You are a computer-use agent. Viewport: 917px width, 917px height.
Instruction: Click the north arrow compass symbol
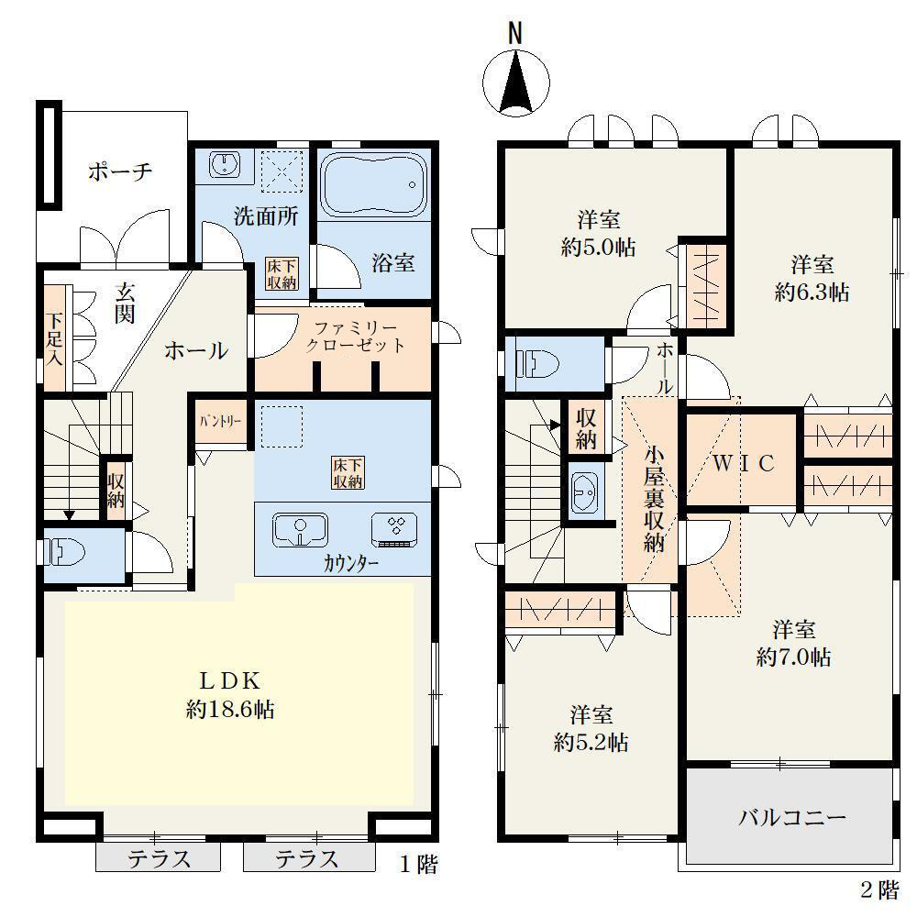(x=516, y=82)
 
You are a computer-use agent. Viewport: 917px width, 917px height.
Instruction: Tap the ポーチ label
(x=120, y=171)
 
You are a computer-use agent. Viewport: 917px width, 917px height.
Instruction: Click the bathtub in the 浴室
(x=374, y=183)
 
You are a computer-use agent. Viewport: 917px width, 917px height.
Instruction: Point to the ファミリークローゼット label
(x=355, y=337)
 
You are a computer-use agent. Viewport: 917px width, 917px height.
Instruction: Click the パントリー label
(x=220, y=421)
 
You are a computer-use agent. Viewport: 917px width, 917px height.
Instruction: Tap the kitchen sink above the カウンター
(x=300, y=530)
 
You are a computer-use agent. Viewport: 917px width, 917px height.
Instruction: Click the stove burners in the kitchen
(x=394, y=530)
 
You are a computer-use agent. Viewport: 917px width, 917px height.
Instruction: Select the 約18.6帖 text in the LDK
(x=230, y=710)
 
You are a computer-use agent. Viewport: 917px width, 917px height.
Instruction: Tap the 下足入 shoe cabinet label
(x=54, y=338)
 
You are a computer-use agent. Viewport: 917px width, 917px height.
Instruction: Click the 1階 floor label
(x=419, y=865)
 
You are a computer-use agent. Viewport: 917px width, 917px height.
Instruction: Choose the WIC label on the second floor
(x=744, y=463)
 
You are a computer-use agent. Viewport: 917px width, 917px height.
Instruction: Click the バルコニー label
(x=792, y=817)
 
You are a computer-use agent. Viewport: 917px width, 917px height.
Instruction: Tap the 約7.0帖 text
(x=793, y=657)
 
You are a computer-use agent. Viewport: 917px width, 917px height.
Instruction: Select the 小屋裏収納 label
(x=654, y=499)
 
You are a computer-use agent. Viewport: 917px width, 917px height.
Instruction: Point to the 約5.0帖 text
(x=598, y=248)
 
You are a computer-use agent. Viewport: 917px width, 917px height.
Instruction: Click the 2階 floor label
(x=879, y=890)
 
